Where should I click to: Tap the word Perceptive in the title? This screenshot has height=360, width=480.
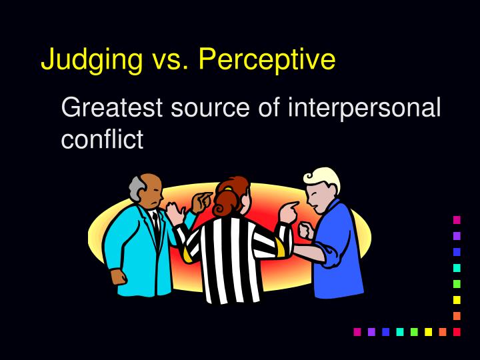[x=267, y=59]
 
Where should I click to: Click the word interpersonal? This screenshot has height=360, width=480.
[x=364, y=107]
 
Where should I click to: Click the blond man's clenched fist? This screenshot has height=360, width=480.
[x=305, y=230]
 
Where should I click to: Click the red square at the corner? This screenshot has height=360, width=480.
[x=457, y=331]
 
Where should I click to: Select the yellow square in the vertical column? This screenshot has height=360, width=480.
[x=457, y=299]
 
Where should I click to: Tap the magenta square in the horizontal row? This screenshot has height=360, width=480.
[x=357, y=331]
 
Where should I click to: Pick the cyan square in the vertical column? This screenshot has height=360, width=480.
[x=457, y=267]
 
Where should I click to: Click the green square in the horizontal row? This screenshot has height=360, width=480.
[x=414, y=331]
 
